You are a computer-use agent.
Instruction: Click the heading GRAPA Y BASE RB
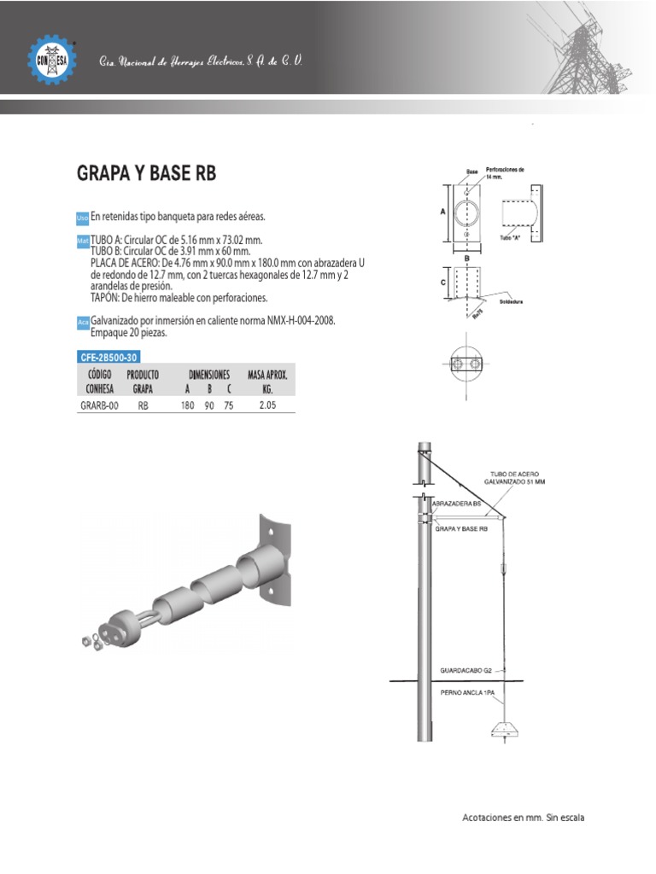click(147, 173)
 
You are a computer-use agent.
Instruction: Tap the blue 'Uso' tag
click(83, 218)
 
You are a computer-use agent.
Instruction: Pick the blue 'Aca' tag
click(83, 323)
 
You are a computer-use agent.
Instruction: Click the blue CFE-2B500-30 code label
click(108, 357)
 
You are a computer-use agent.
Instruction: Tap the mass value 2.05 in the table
click(267, 406)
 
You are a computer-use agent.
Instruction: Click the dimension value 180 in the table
click(188, 406)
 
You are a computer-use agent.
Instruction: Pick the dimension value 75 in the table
click(229, 406)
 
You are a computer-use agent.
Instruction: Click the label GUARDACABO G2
click(466, 670)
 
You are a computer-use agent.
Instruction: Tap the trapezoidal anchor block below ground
click(507, 729)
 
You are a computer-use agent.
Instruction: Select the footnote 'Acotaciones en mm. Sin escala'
click(523, 818)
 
